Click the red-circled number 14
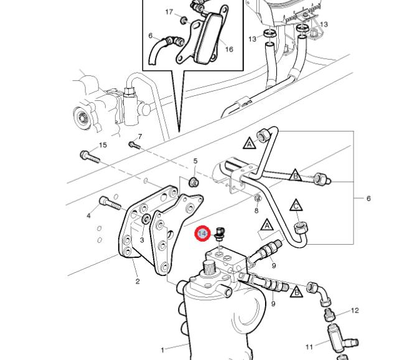(202, 234)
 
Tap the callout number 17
(169, 12)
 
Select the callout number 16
(229, 49)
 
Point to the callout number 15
(103, 145)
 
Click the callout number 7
(140, 136)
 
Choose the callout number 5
(195, 161)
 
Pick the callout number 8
(256, 211)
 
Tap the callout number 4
(89, 216)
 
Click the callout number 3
(142, 240)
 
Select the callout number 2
(138, 281)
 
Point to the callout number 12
(355, 310)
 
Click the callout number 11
(309, 347)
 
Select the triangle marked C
(297, 205)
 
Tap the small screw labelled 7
(133, 145)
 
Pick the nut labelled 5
(194, 181)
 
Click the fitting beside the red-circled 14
(218, 235)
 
